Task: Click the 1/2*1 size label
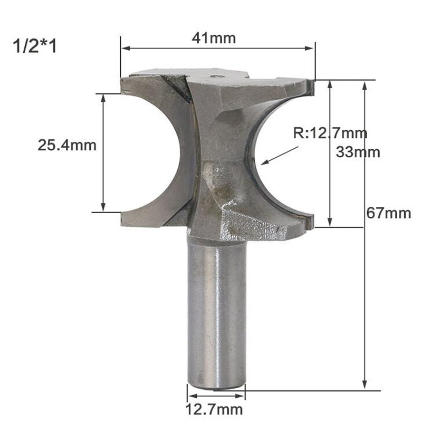coord(34,45)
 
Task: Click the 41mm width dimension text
coord(214,38)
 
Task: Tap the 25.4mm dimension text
coord(67,145)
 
